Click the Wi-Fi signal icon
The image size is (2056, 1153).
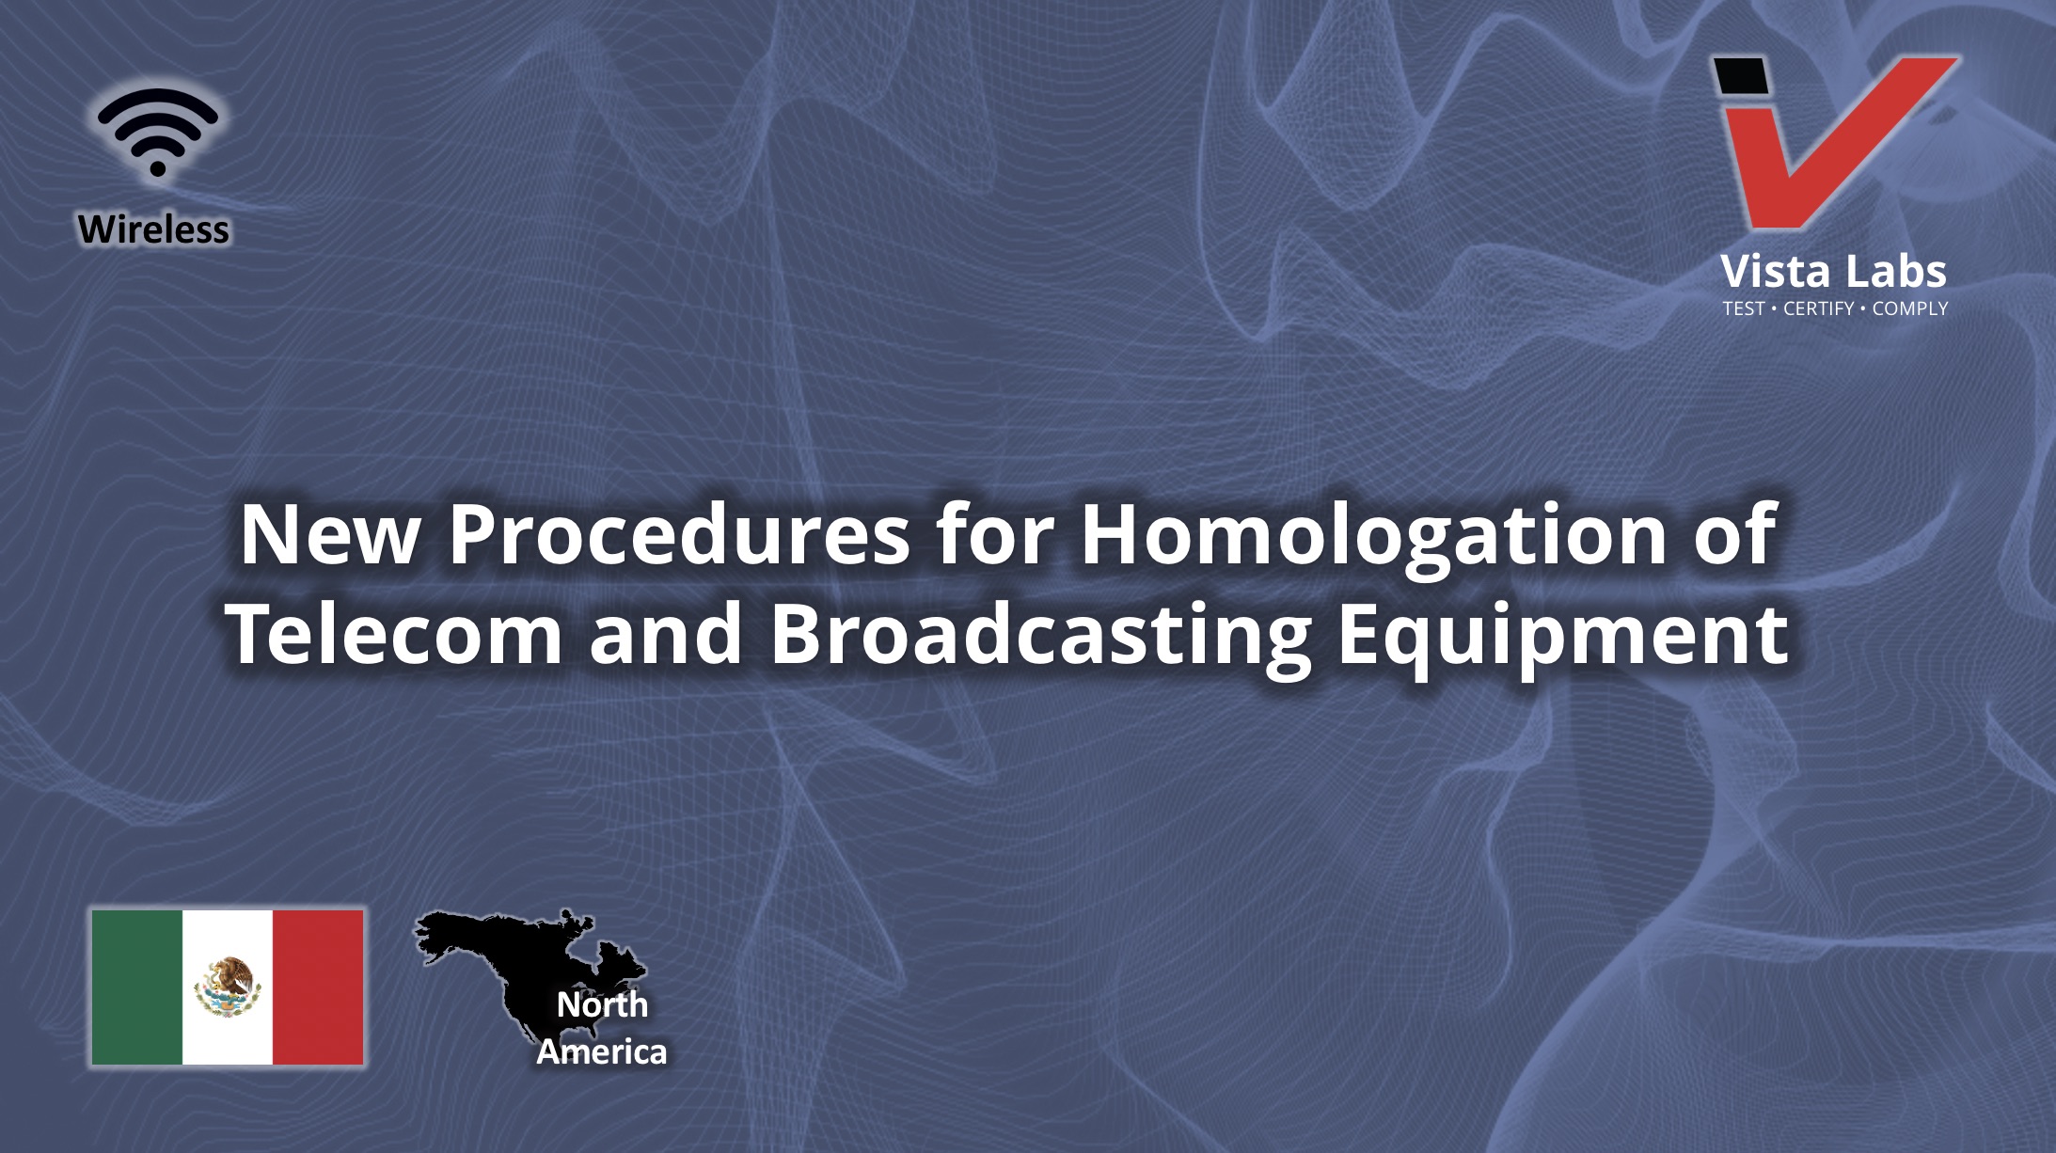point(157,133)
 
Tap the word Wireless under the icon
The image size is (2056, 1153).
point(153,229)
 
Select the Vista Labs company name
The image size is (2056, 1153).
point(1833,272)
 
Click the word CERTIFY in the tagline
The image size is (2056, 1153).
point(1818,308)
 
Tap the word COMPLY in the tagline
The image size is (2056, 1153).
point(1909,308)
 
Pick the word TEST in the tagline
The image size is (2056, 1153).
point(1744,308)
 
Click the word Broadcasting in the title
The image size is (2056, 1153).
point(1041,637)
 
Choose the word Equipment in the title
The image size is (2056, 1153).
point(1562,637)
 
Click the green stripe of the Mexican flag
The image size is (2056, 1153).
point(136,987)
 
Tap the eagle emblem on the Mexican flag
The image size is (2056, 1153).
point(228,987)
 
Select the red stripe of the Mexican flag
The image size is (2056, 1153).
point(318,987)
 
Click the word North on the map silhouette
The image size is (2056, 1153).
point(602,1004)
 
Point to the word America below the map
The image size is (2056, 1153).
point(601,1051)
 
